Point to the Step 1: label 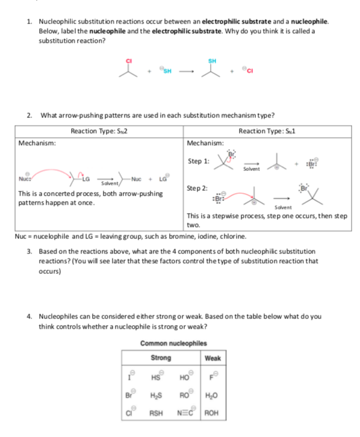click(199, 161)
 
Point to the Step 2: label click(199, 188)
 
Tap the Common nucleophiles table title click(173, 343)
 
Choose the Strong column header click(160, 358)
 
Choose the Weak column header click(213, 358)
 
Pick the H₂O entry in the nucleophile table click(212, 397)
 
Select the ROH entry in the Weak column click(212, 414)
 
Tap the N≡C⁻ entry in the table click(186, 414)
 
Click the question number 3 click(29, 250)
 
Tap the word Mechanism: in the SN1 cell click(206, 143)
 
